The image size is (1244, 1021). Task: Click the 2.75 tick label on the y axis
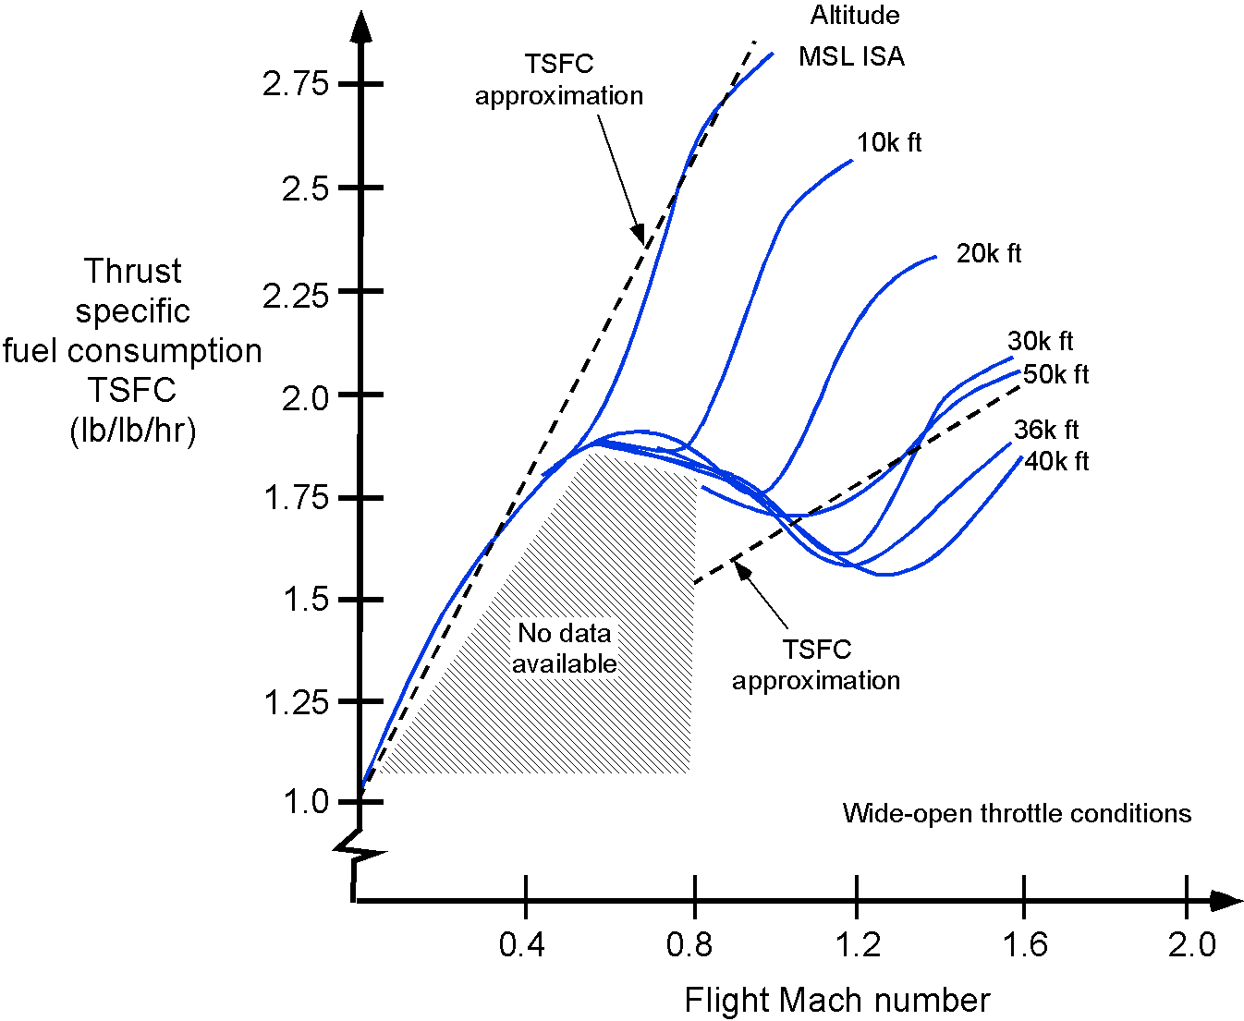coord(296,84)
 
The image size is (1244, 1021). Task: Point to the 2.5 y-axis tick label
coord(305,188)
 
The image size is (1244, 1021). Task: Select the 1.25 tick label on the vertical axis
coord(296,703)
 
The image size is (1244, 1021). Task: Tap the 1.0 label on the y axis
coord(306,802)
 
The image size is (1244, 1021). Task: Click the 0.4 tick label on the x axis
coord(522,945)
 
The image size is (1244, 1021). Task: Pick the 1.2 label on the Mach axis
coord(858,945)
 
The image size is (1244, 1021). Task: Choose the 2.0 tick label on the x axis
coord(1191,945)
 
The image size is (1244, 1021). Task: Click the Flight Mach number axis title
coord(836,1001)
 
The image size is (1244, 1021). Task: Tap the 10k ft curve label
coord(889,143)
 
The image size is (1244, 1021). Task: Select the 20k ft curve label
coord(988,254)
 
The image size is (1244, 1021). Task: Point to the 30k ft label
coord(1040,342)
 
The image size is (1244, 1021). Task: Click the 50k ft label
coord(1055,374)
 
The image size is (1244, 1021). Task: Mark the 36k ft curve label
coord(1046,430)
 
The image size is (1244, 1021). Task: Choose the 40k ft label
coord(1055,461)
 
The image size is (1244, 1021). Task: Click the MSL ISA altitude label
coord(851,56)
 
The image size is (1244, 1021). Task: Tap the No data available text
coord(565,648)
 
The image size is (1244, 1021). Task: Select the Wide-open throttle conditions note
coord(1017,814)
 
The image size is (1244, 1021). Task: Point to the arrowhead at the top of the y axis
coord(360,26)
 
